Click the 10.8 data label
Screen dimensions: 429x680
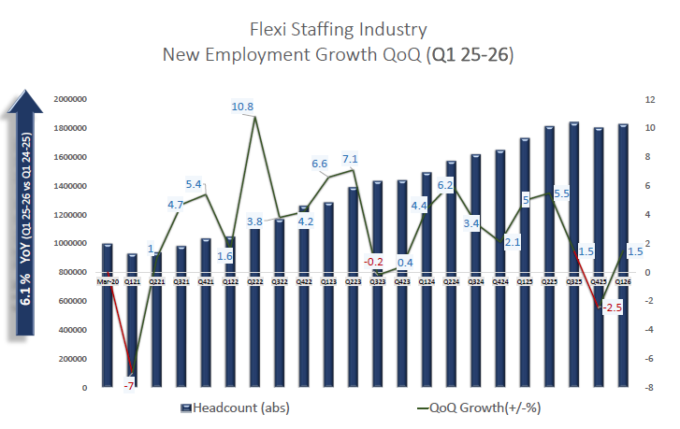(x=242, y=107)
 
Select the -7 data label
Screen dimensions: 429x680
(x=129, y=385)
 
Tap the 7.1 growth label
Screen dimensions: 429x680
(x=352, y=158)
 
